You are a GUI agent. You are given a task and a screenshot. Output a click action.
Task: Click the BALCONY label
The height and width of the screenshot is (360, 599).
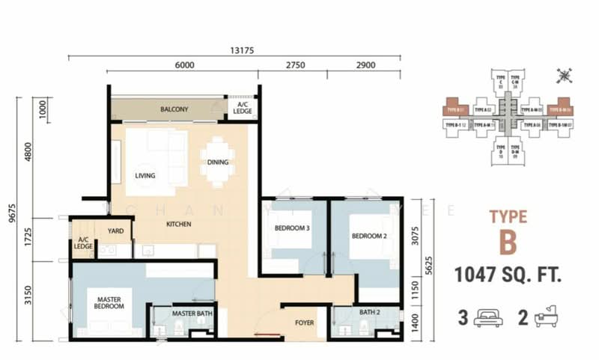[174, 110]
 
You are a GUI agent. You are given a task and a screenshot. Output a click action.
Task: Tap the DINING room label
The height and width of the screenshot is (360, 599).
[218, 162]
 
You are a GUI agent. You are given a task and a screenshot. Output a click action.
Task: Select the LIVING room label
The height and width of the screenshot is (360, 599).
[145, 176]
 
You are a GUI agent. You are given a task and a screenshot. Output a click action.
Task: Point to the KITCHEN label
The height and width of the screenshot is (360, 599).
[178, 224]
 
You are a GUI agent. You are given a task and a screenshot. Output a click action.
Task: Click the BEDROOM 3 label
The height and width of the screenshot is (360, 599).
[292, 228]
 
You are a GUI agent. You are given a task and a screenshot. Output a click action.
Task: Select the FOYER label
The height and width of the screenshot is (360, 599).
[303, 323]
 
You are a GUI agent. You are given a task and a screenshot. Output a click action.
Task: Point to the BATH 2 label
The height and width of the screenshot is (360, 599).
[371, 312]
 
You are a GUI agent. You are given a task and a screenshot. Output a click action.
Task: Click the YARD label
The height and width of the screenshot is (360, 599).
[115, 231]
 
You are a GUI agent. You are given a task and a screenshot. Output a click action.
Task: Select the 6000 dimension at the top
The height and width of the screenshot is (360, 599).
[185, 66]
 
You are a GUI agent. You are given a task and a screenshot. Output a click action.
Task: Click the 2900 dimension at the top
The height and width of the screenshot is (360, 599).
[365, 66]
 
